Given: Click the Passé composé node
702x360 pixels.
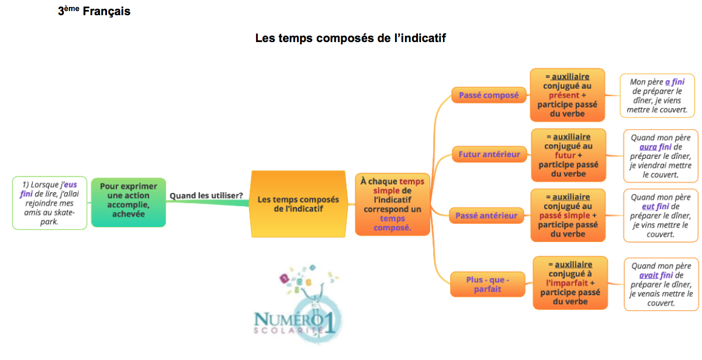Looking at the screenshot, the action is pos(489,95).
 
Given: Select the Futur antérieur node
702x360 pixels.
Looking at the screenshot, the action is pos(489,154).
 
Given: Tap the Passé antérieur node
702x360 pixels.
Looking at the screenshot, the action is pos(486,216).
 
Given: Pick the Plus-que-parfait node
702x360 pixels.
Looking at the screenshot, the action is pos(487,284).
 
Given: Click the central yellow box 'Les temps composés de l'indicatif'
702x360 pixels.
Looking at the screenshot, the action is pos(298,204).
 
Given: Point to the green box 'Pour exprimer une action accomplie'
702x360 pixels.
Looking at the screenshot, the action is pos(129,202).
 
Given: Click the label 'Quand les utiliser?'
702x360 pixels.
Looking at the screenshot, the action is pos(206,196).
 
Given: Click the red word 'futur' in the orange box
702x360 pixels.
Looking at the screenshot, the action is pos(565,155).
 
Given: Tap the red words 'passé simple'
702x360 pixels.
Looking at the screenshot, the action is pos(565,215).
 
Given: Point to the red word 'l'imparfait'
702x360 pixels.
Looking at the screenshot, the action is pos(567,283).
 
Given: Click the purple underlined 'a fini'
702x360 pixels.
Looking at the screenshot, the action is pos(675,82).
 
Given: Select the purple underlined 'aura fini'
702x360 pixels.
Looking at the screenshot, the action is pos(655,147).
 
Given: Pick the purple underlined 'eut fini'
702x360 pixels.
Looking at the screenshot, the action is pos(655,206).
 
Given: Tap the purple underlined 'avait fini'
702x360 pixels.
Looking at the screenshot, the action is pos(656,275).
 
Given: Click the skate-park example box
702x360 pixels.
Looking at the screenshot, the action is pos(50,203).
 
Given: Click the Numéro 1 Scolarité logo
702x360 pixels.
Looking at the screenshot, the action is pos(298,304).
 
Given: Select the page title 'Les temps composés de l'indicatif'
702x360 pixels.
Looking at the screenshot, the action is pos(350,38).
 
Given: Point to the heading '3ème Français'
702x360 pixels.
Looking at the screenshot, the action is pos(94,11).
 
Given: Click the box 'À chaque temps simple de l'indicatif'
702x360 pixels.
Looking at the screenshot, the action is pos(392,205).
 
